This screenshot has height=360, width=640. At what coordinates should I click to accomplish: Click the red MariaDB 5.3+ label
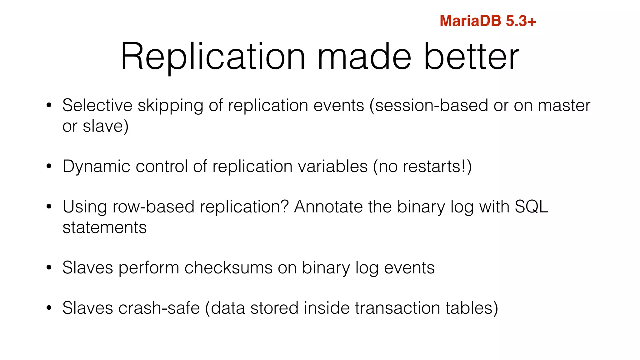(487, 21)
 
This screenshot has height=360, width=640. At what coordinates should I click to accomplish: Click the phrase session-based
(431, 105)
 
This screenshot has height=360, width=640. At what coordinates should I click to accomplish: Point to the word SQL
(531, 207)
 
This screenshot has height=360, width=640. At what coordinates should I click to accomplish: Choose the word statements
(105, 227)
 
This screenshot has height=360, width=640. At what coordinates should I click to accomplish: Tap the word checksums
(228, 268)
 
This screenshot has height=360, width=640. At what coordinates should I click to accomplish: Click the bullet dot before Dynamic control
(48, 167)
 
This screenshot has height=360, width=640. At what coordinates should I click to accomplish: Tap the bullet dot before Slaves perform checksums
(48, 268)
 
